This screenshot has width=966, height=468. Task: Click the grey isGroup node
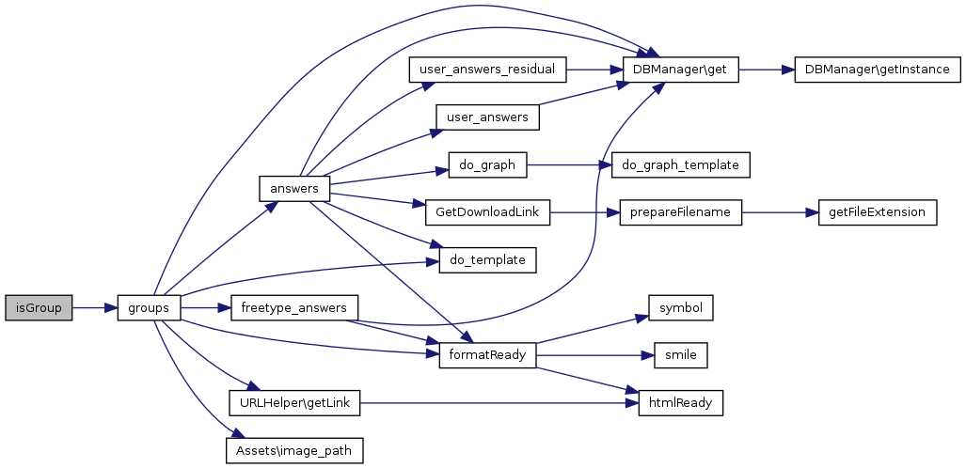click(x=39, y=308)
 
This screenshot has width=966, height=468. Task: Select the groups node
click(x=149, y=308)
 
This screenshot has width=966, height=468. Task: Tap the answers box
click(x=293, y=188)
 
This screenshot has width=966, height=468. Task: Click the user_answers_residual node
click(x=487, y=70)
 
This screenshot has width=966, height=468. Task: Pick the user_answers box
click(x=487, y=117)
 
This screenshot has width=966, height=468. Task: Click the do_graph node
click(x=487, y=164)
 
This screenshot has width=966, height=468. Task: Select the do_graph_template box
click(x=681, y=164)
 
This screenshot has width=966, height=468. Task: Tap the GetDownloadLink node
click(x=487, y=212)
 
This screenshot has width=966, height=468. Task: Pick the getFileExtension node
click(x=878, y=212)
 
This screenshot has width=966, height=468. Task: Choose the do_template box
click(x=487, y=259)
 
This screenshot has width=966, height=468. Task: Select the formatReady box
click(x=487, y=355)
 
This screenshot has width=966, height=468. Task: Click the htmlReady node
click(x=681, y=403)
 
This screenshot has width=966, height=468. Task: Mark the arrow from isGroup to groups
click(x=94, y=308)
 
